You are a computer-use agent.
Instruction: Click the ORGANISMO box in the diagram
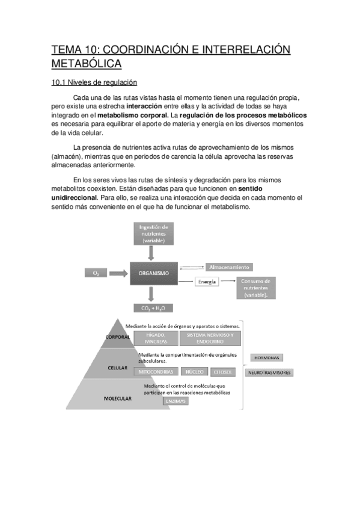click(154, 273)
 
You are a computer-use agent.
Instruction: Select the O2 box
click(96, 273)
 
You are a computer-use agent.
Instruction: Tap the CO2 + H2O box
click(154, 309)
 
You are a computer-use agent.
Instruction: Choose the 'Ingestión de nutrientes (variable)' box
click(154, 233)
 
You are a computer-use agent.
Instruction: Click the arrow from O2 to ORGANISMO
click(120, 273)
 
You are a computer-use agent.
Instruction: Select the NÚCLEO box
click(196, 372)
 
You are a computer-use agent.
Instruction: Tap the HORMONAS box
click(266, 358)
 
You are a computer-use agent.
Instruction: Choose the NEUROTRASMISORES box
click(270, 373)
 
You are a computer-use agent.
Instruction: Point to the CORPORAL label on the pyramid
click(118, 337)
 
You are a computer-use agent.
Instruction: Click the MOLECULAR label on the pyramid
click(118, 398)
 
